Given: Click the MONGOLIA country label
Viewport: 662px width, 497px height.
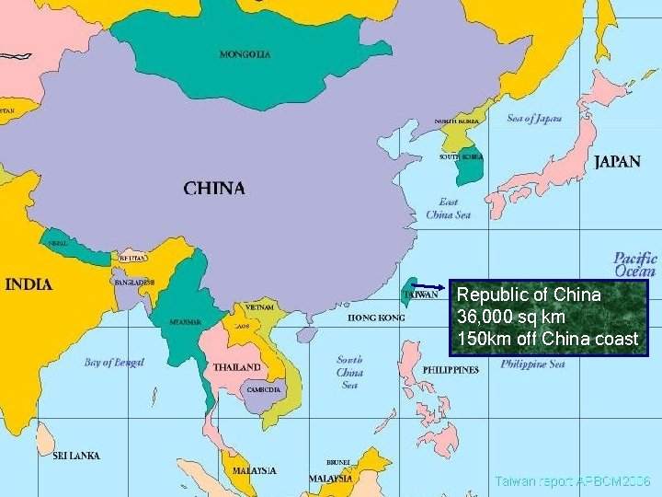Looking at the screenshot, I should click(245, 54).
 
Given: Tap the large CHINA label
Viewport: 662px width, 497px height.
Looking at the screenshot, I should click(214, 188).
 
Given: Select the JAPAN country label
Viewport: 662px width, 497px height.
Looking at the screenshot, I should click(617, 162).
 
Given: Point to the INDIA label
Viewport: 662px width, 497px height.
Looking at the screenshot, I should click(29, 283).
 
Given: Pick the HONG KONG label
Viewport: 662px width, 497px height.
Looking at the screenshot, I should click(375, 318).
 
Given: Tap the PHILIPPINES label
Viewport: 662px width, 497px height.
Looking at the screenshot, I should click(451, 370).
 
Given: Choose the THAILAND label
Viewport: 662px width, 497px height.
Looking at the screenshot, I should click(236, 367).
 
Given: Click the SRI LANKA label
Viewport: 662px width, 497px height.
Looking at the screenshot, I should click(76, 456).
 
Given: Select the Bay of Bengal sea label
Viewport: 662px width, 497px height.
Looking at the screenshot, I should click(114, 363).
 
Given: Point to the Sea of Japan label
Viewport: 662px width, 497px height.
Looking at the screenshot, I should click(533, 119).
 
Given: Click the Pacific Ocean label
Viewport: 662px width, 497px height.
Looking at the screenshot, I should click(635, 264).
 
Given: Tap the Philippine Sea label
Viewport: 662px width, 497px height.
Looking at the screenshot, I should click(532, 364).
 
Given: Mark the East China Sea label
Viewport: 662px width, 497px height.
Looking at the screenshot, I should click(448, 208).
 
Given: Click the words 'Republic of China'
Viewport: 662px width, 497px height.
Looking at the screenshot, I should click(529, 295).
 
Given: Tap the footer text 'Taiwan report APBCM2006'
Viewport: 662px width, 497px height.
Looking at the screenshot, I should click(572, 481).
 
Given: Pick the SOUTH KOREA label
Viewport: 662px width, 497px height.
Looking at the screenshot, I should click(461, 156).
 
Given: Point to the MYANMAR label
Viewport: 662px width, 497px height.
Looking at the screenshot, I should click(185, 322).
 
